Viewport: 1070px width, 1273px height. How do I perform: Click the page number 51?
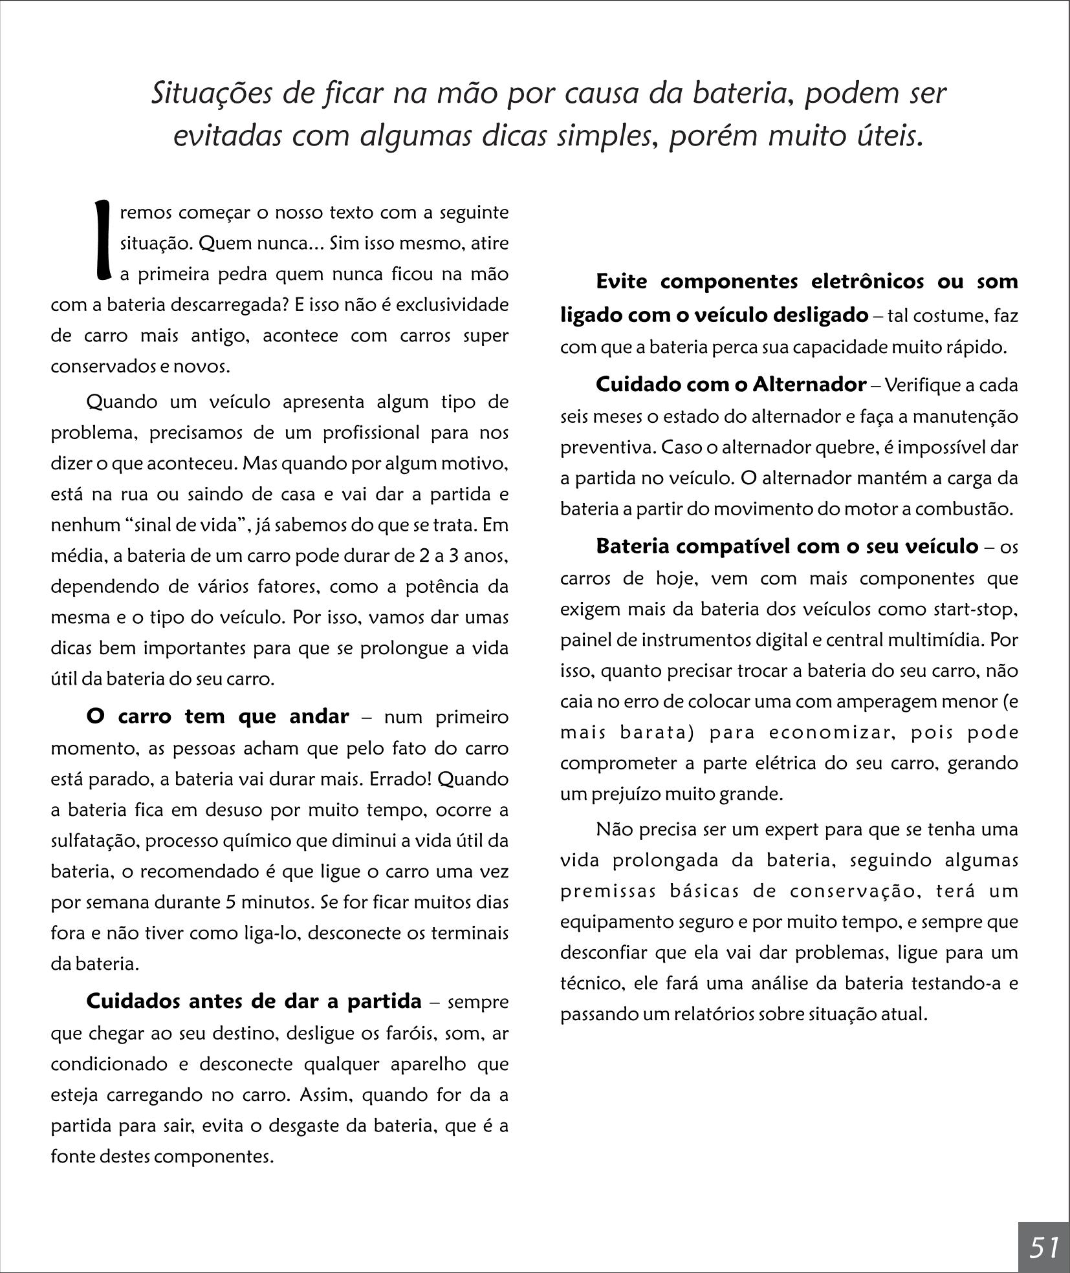tap(1043, 1246)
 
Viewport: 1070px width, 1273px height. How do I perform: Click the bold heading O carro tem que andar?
tap(217, 717)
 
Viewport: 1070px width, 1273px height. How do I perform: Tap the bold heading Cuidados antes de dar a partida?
tap(254, 1001)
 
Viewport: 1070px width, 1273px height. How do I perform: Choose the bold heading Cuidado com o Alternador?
tap(730, 385)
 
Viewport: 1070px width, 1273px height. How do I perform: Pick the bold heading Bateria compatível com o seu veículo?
tap(787, 546)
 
